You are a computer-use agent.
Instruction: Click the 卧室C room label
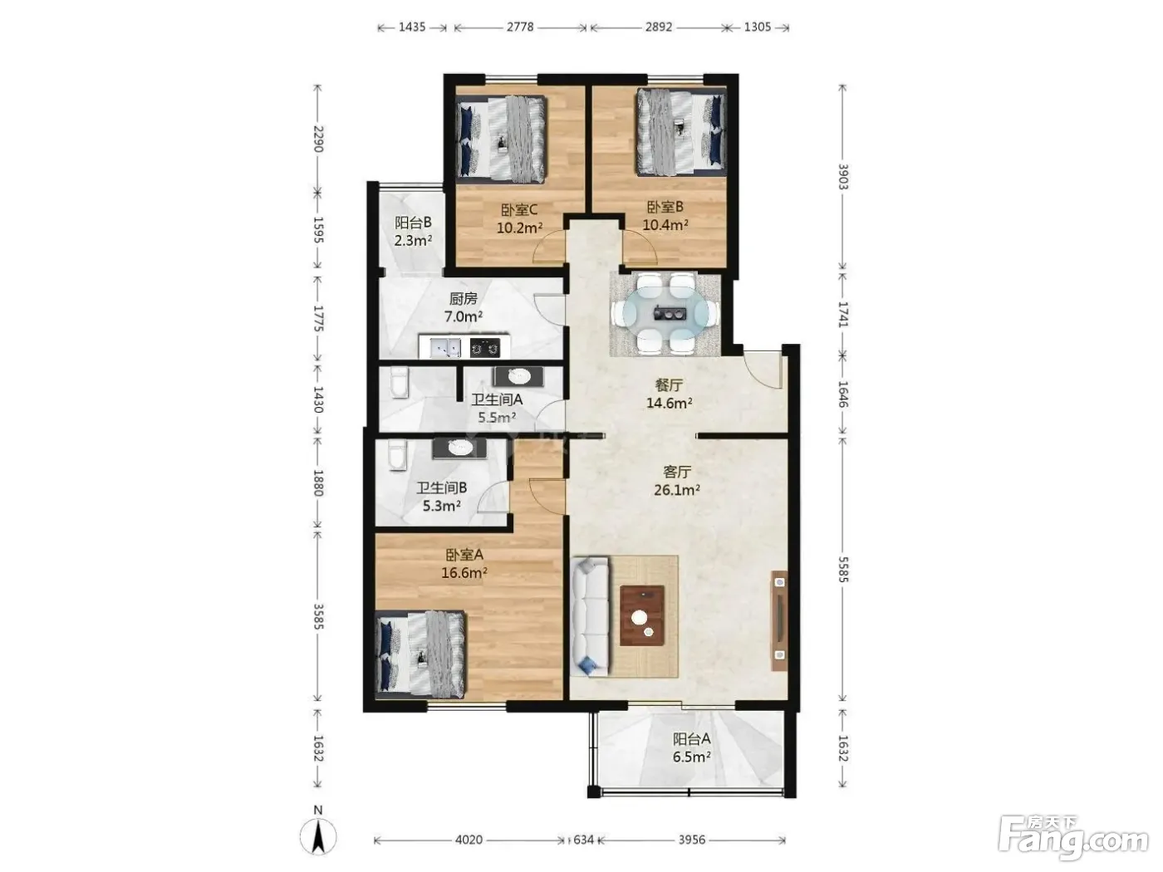[x=518, y=210]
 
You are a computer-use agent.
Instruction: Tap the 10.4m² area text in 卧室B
[x=665, y=225]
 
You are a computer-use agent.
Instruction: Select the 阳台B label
[x=413, y=223]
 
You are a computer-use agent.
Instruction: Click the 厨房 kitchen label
[x=463, y=299]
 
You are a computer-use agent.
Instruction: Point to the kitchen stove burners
[x=485, y=348]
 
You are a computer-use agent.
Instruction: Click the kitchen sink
[x=445, y=348]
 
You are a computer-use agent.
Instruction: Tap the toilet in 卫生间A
[x=400, y=383]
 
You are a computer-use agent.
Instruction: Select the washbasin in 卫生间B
[x=459, y=448]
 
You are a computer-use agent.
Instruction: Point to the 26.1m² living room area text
[x=676, y=490]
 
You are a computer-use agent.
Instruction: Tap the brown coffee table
[x=642, y=615]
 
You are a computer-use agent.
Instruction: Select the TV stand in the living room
[x=779, y=620]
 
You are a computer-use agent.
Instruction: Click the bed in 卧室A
[x=421, y=654]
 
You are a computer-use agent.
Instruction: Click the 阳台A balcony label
[x=691, y=738]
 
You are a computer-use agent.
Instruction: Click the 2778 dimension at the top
[x=520, y=27]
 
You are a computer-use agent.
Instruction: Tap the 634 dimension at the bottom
[x=583, y=840]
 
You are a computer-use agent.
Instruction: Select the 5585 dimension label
[x=843, y=570]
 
